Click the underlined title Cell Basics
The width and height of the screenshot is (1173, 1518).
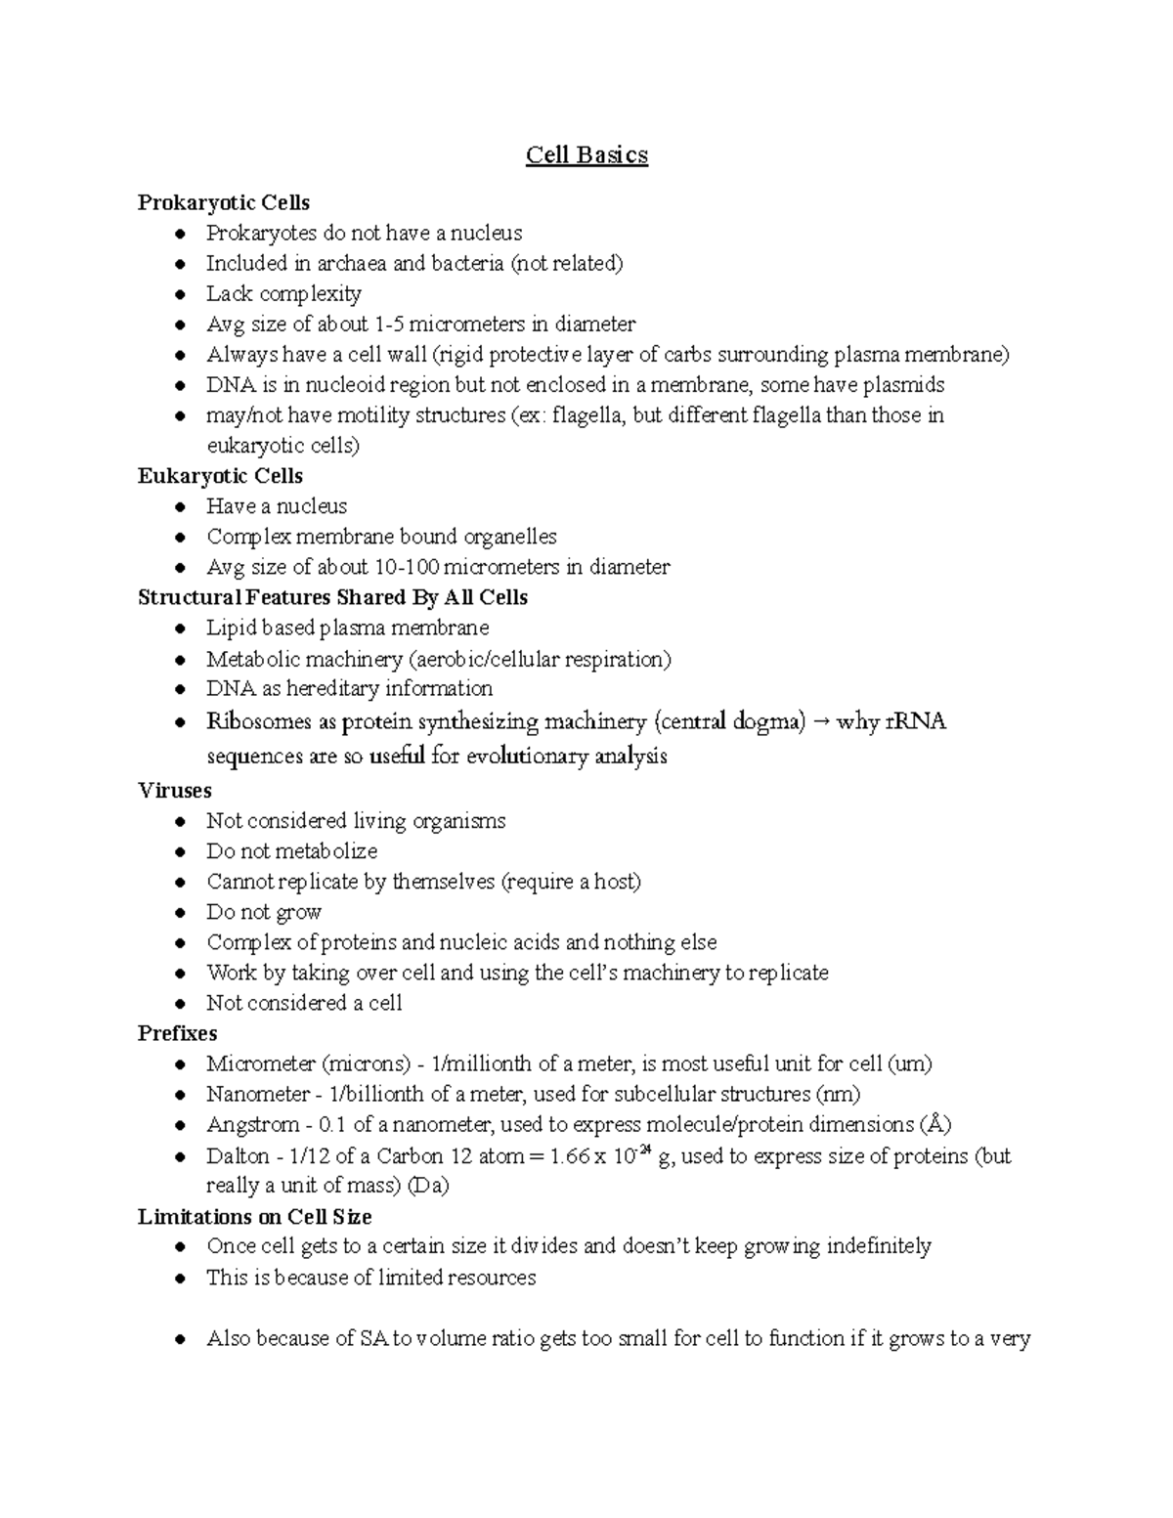click(x=586, y=155)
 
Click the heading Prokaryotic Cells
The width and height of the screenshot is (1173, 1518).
click(x=224, y=203)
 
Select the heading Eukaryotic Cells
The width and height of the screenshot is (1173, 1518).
click(x=221, y=476)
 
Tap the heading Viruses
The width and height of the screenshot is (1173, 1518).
click(x=175, y=790)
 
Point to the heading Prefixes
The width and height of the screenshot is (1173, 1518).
click(x=178, y=1033)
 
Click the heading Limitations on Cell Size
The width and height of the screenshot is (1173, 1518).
click(x=255, y=1217)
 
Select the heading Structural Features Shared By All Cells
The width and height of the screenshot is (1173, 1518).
click(x=333, y=597)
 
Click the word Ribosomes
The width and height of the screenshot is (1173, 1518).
click(x=259, y=722)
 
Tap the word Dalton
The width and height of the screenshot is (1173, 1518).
click(x=238, y=1156)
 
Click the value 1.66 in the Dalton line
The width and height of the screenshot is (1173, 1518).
click(x=570, y=1156)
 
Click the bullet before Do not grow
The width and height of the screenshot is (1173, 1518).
click(x=180, y=913)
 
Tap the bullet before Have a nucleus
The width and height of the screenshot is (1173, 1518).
click(x=180, y=507)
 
